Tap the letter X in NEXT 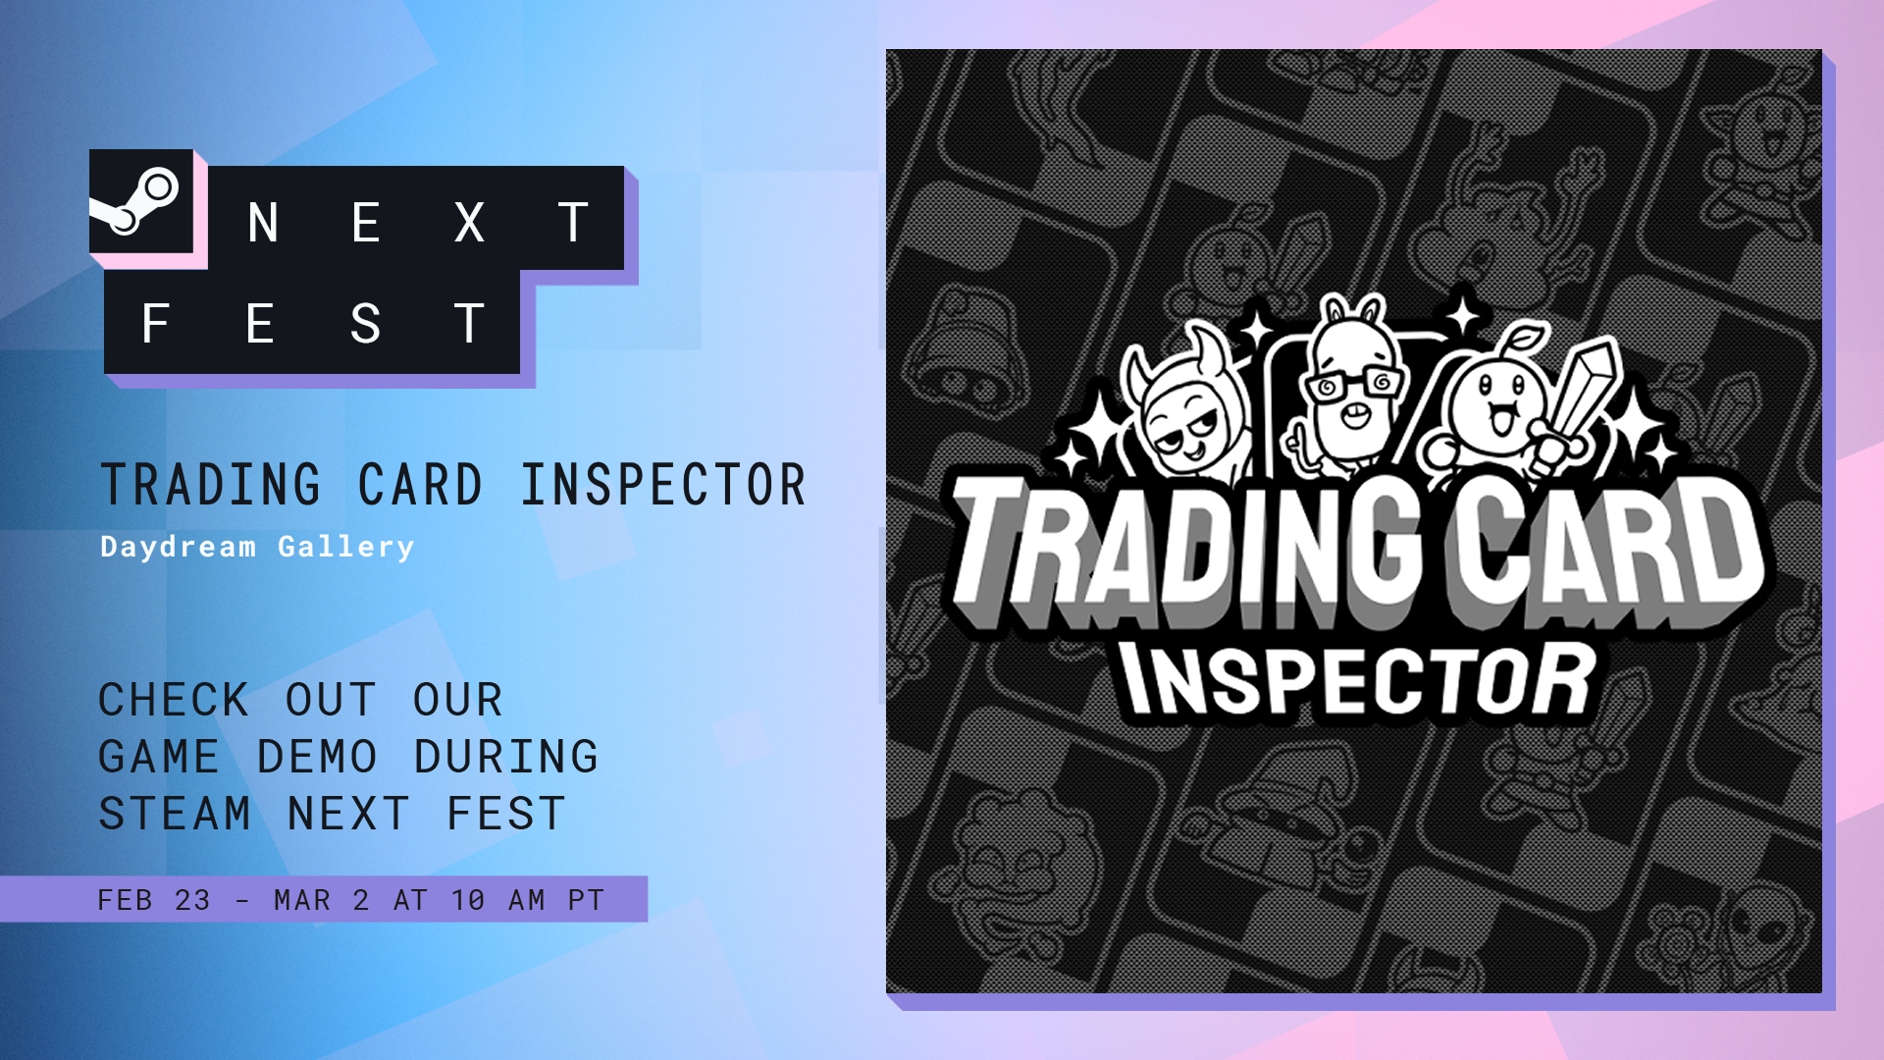tap(469, 223)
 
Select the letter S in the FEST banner tap(365, 324)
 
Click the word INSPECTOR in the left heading tap(663, 485)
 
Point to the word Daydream tap(178, 548)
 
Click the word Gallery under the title tap(346, 548)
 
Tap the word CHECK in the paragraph tap(174, 700)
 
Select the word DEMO tap(317, 757)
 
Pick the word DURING tap(506, 757)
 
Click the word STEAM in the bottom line tap(175, 814)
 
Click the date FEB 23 tap(154, 900)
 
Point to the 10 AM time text tap(497, 900)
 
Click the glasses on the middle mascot tap(1354, 384)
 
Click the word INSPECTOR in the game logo tap(1360, 679)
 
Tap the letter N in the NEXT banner tap(263, 223)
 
